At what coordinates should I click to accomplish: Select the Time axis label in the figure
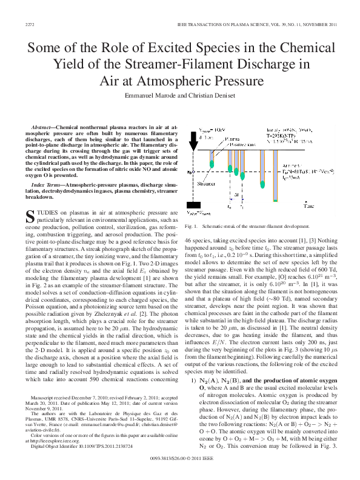308,207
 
